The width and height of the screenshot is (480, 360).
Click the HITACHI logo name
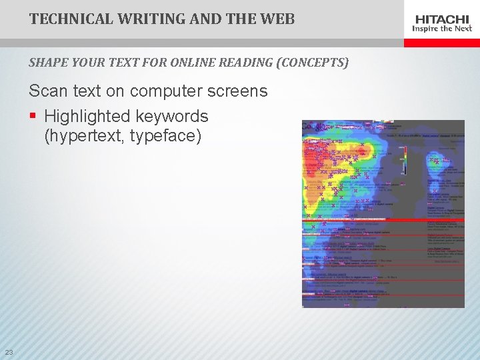443,19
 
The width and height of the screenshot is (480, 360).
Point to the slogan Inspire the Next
443,29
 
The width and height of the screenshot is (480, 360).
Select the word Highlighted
87,116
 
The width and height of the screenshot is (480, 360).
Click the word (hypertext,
85,137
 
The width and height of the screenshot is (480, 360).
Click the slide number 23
9,352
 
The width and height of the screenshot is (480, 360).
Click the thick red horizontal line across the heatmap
383,219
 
